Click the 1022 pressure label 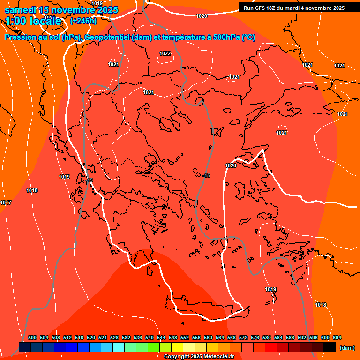tap(165, 53)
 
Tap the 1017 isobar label tap(6, 202)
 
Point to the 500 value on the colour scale tap(32, 337)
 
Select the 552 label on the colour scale tap(185, 337)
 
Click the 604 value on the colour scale tap(337, 337)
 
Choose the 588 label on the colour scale tap(290, 337)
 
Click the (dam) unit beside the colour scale tap(347, 348)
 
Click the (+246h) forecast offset tap(83, 21)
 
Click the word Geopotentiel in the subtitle tap(107, 37)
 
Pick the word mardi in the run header tap(298, 8)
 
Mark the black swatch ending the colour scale tap(330, 347)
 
